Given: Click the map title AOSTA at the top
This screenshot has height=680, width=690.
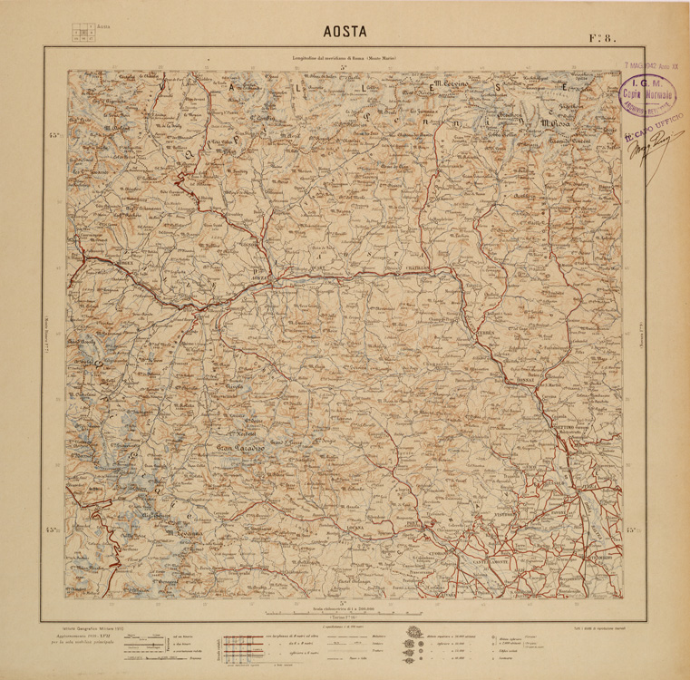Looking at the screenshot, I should click(345, 31).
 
